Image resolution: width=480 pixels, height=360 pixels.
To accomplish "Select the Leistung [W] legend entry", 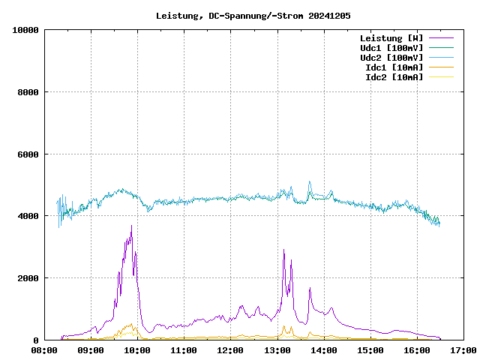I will point(391,38).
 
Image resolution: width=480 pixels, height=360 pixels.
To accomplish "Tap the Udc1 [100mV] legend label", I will point(391,48).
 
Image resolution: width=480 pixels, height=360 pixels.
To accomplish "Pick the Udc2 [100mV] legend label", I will point(391,58).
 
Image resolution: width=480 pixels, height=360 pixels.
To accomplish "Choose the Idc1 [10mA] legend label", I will point(394,67).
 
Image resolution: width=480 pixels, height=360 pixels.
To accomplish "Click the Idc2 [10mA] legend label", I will point(394,77).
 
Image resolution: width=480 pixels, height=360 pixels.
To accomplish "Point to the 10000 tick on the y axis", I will point(26,30).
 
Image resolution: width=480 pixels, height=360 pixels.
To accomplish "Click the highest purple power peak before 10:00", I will point(131,226).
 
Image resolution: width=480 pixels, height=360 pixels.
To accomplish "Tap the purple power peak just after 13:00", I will point(283,250).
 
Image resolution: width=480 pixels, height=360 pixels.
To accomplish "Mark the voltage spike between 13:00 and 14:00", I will point(309,181).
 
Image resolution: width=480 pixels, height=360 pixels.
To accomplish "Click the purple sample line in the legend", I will point(441,38).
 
